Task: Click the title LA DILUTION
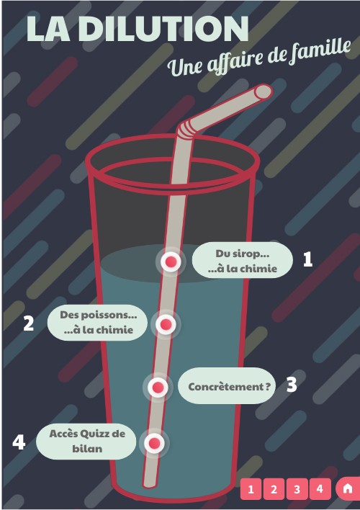pyautogui.click(x=137, y=29)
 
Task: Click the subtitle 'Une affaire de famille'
pyautogui.click(x=259, y=58)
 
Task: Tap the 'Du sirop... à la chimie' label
pyautogui.click(x=242, y=261)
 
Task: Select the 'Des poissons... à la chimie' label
pyautogui.click(x=98, y=322)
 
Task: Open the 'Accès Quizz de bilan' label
pyautogui.click(x=87, y=440)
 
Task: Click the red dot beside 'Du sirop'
pyautogui.click(x=171, y=261)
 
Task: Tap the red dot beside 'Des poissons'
pyautogui.click(x=166, y=325)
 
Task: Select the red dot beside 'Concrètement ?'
pyautogui.click(x=158, y=388)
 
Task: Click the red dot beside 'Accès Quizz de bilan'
pyautogui.click(x=153, y=442)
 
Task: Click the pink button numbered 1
pyautogui.click(x=251, y=489)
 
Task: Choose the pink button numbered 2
pyautogui.click(x=274, y=489)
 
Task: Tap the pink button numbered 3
pyautogui.click(x=297, y=489)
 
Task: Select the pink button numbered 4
pyautogui.click(x=320, y=489)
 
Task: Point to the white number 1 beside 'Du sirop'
pyautogui.click(x=307, y=259)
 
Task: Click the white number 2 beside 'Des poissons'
pyautogui.click(x=29, y=323)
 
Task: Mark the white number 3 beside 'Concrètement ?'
pyautogui.click(x=291, y=385)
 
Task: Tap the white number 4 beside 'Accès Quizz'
pyautogui.click(x=19, y=442)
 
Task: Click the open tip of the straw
pyautogui.click(x=264, y=91)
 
